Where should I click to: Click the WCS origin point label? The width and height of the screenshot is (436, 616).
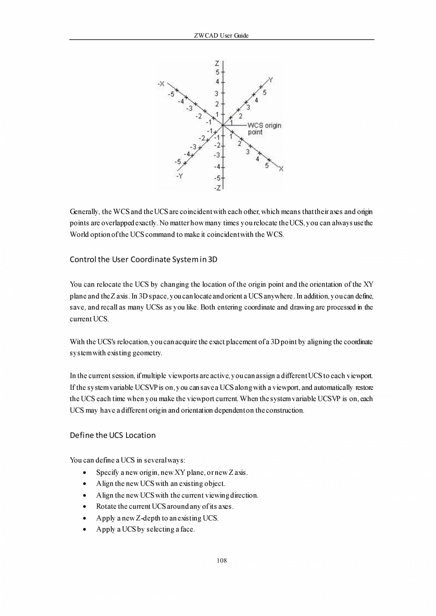pos(264,129)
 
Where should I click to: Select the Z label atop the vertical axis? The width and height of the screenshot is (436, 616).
pos(217,63)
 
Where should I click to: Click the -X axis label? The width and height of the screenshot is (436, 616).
pos(161,84)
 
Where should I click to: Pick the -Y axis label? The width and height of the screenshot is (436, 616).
pos(180,176)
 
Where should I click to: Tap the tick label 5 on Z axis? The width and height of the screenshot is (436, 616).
pos(218,73)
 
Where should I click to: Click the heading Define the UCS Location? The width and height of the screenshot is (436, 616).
pos(112,435)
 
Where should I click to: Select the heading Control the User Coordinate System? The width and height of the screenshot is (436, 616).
pos(144,260)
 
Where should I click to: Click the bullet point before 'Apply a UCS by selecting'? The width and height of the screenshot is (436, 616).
pos(84,529)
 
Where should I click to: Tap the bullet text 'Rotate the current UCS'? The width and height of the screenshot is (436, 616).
pos(165,507)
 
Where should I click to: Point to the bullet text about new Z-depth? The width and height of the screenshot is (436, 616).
pos(157,518)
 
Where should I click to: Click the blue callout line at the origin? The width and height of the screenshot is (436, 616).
pos(235,125)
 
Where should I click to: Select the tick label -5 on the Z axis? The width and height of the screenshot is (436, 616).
pos(217,178)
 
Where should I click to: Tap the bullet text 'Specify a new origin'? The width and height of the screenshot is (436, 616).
pos(172,472)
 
